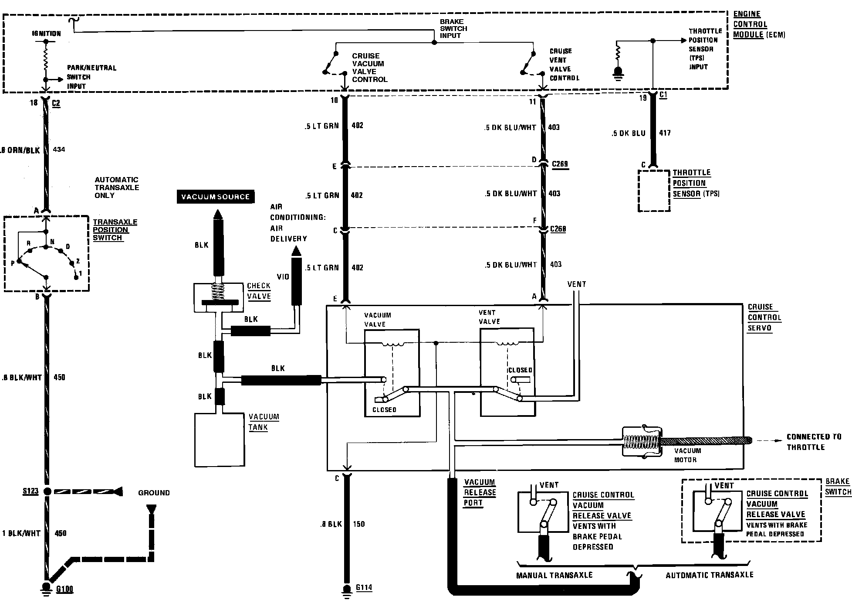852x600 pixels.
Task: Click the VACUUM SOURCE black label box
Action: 216,197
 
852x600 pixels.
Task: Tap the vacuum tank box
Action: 219,440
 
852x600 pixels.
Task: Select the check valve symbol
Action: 218,297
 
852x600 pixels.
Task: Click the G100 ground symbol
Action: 45,588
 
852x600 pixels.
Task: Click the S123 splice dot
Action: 47,491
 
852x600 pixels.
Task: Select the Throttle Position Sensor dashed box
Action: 654,191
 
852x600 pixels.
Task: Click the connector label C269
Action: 560,164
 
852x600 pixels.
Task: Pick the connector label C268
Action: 558,229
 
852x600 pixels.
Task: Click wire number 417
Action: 665,133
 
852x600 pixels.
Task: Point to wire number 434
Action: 59,150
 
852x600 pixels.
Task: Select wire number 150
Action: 359,524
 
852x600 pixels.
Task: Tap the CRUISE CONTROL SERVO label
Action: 764,317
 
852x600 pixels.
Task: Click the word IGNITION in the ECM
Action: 46,33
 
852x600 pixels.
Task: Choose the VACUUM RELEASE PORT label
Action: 479,492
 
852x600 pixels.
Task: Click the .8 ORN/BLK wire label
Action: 20,150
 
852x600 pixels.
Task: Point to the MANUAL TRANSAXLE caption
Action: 554,575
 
